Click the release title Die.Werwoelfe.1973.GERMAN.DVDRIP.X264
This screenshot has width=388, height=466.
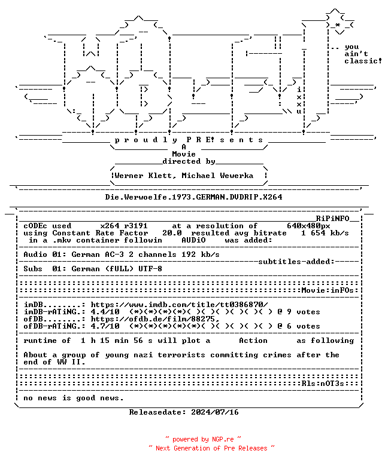coord(193,197)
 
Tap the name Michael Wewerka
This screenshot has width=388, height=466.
coord(217,176)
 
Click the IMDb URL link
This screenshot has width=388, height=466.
coord(179,305)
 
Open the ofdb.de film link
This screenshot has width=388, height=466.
coord(155,319)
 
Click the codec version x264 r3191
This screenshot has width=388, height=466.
coord(124,226)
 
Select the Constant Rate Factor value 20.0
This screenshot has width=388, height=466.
coord(172,233)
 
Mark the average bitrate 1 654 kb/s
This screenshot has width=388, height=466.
coord(325,233)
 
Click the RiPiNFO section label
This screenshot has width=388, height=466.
coord(332,219)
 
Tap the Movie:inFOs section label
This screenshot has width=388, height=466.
coord(328,290)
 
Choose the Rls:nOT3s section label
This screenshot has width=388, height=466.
coord(323,384)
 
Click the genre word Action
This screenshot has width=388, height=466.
coord(253,341)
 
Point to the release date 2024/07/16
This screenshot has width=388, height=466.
coord(215,412)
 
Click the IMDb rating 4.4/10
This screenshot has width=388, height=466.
coord(105,312)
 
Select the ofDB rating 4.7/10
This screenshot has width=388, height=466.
coord(105,326)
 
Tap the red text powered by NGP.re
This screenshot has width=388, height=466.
coord(203,439)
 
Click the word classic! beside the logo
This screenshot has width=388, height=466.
coord(363,61)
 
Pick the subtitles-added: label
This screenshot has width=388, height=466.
coord(296,262)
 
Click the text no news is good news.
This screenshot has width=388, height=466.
coord(73,398)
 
